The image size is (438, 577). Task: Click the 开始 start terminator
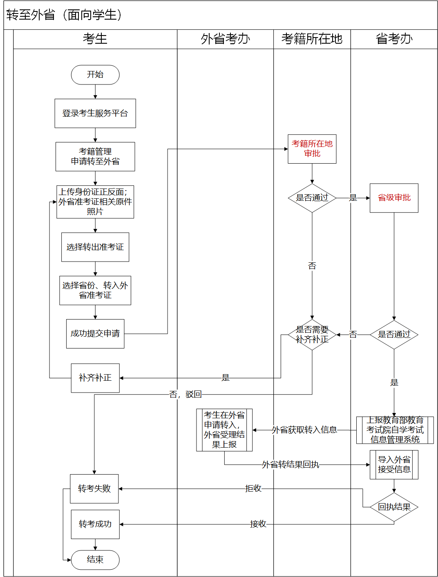point(95,75)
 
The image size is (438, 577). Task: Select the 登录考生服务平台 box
point(95,113)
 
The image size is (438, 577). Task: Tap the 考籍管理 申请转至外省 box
point(95,157)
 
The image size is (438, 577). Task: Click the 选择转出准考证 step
point(95,247)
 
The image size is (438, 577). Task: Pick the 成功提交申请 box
point(95,334)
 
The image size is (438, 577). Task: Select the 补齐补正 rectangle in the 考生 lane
point(95,378)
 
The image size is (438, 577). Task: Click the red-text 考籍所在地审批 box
point(312,149)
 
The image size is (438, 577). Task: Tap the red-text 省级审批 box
point(394,198)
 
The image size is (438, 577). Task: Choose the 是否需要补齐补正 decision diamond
point(312,335)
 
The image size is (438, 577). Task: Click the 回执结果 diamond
point(394,507)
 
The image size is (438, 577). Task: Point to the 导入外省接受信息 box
point(394,465)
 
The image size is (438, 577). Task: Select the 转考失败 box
point(94,489)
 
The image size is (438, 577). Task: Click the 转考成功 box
point(95,524)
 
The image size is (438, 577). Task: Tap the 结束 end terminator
point(95,560)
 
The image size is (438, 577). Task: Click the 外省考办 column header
point(225,39)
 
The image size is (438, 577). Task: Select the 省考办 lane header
point(394,39)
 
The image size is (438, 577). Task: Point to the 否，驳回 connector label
point(185,395)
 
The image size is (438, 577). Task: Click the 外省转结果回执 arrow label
point(290,465)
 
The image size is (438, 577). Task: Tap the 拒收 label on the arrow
point(253,488)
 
